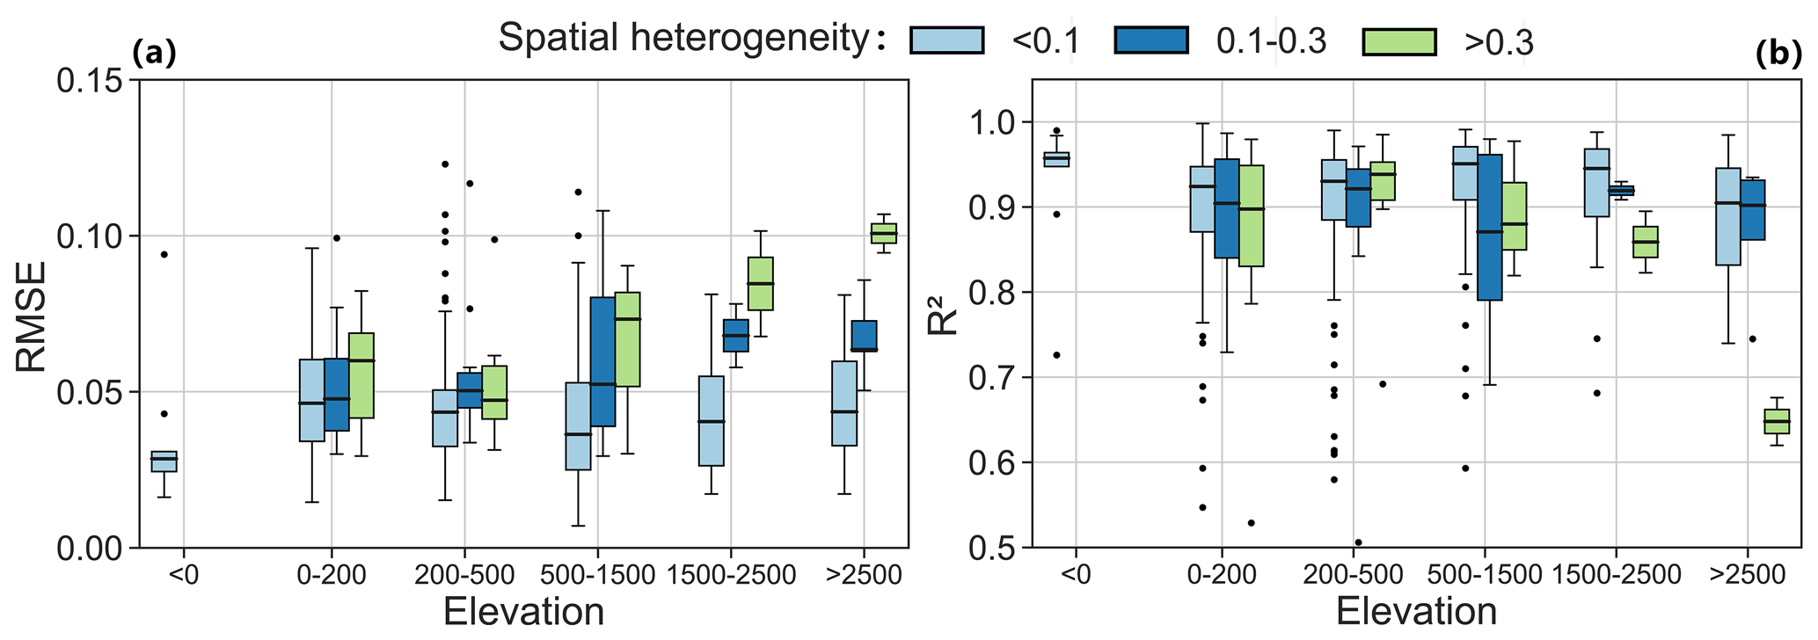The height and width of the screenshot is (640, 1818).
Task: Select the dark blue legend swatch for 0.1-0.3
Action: (1150, 41)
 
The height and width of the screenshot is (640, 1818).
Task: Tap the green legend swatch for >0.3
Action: (1398, 41)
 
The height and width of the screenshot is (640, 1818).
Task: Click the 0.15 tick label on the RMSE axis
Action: (91, 81)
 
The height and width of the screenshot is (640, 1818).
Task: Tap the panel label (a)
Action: (154, 55)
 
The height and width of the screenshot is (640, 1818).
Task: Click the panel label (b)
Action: (1778, 55)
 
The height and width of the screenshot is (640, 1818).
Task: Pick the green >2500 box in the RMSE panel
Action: (883, 233)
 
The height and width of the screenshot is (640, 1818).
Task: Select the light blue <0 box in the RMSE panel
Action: (164, 462)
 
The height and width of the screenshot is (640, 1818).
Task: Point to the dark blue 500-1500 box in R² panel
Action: (1489, 228)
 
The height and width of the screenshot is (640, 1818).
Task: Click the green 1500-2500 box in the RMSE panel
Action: (760, 283)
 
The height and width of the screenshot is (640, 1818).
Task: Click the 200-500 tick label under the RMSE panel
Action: (464, 577)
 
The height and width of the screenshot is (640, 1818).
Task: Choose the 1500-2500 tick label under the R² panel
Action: (1618, 577)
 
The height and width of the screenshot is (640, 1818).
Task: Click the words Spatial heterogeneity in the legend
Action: (683, 40)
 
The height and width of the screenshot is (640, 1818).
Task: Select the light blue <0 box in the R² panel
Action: (1055, 158)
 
